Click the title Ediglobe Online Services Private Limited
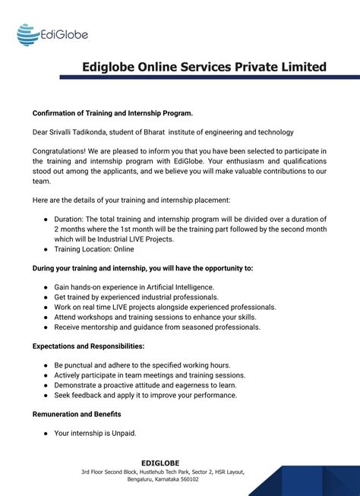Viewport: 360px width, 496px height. point(204,67)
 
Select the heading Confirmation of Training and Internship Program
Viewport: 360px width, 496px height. point(112,112)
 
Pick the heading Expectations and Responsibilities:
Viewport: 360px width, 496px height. point(88,346)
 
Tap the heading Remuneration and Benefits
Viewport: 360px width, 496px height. point(77,414)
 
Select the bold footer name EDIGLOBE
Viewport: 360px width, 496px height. point(160,463)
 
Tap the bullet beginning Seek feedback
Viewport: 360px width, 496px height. point(146,395)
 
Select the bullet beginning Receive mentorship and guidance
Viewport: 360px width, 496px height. point(157,327)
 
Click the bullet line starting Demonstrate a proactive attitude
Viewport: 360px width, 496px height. point(153,385)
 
